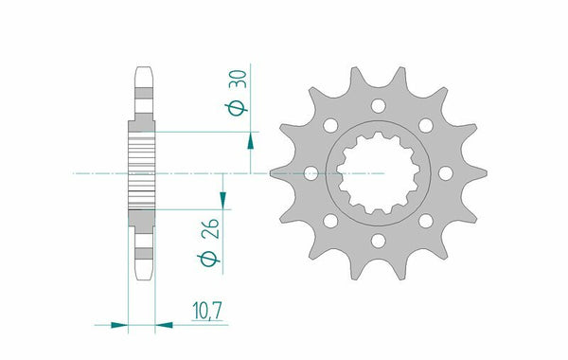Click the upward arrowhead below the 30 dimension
point(250,141)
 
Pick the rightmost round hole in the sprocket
point(444,174)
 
